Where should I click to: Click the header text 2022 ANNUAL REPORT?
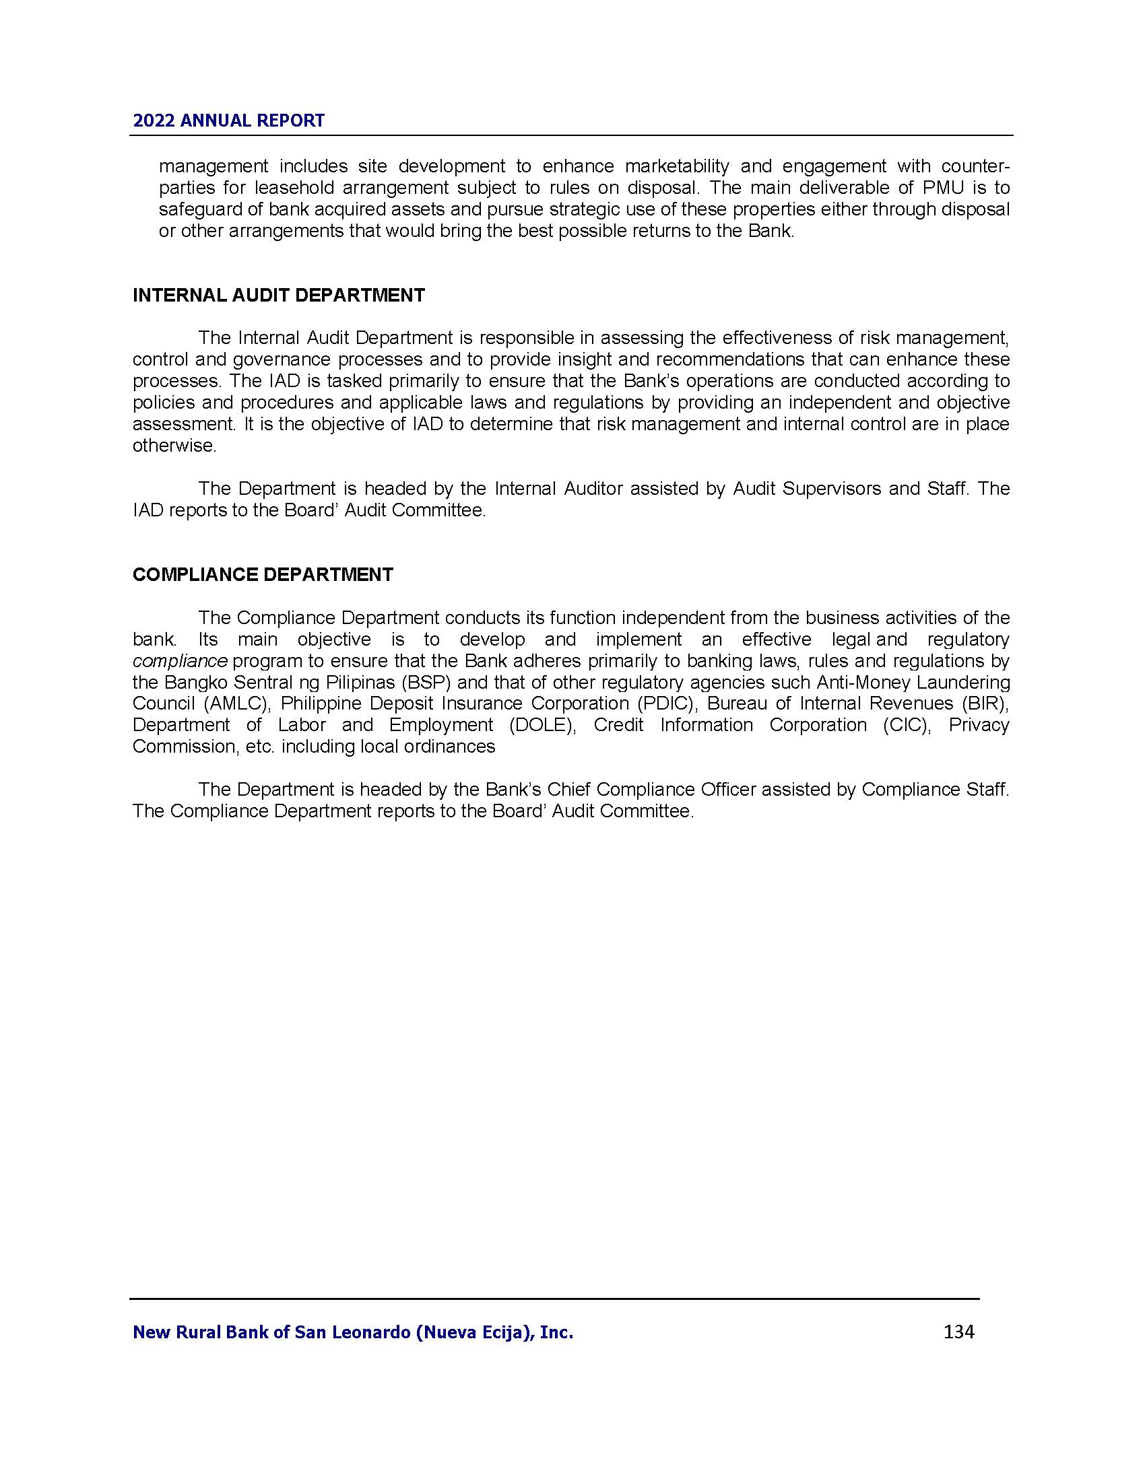click(x=228, y=120)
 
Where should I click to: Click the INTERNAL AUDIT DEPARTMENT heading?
click(x=279, y=295)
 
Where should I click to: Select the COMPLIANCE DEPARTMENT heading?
click(x=263, y=574)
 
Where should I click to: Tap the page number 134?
click(x=958, y=1332)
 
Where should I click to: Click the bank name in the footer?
click(x=353, y=1332)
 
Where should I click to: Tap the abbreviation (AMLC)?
click(x=234, y=703)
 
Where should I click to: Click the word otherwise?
click(x=174, y=446)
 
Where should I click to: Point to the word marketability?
click(x=677, y=166)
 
